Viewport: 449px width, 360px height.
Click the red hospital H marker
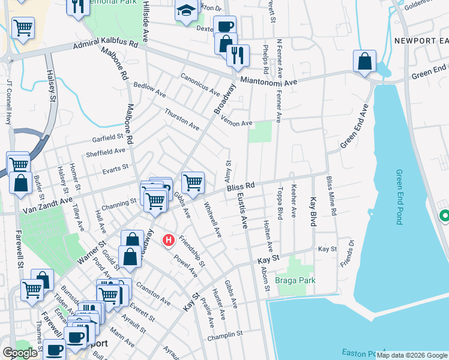pyautogui.click(x=169, y=241)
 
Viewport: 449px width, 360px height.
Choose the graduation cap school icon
pyautogui.click(x=186, y=10)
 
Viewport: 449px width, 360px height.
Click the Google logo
pyautogui.click(x=20, y=353)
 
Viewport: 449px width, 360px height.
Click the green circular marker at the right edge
pyautogui.click(x=444, y=215)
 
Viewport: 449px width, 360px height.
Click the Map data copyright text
pyautogui.click(x=412, y=355)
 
